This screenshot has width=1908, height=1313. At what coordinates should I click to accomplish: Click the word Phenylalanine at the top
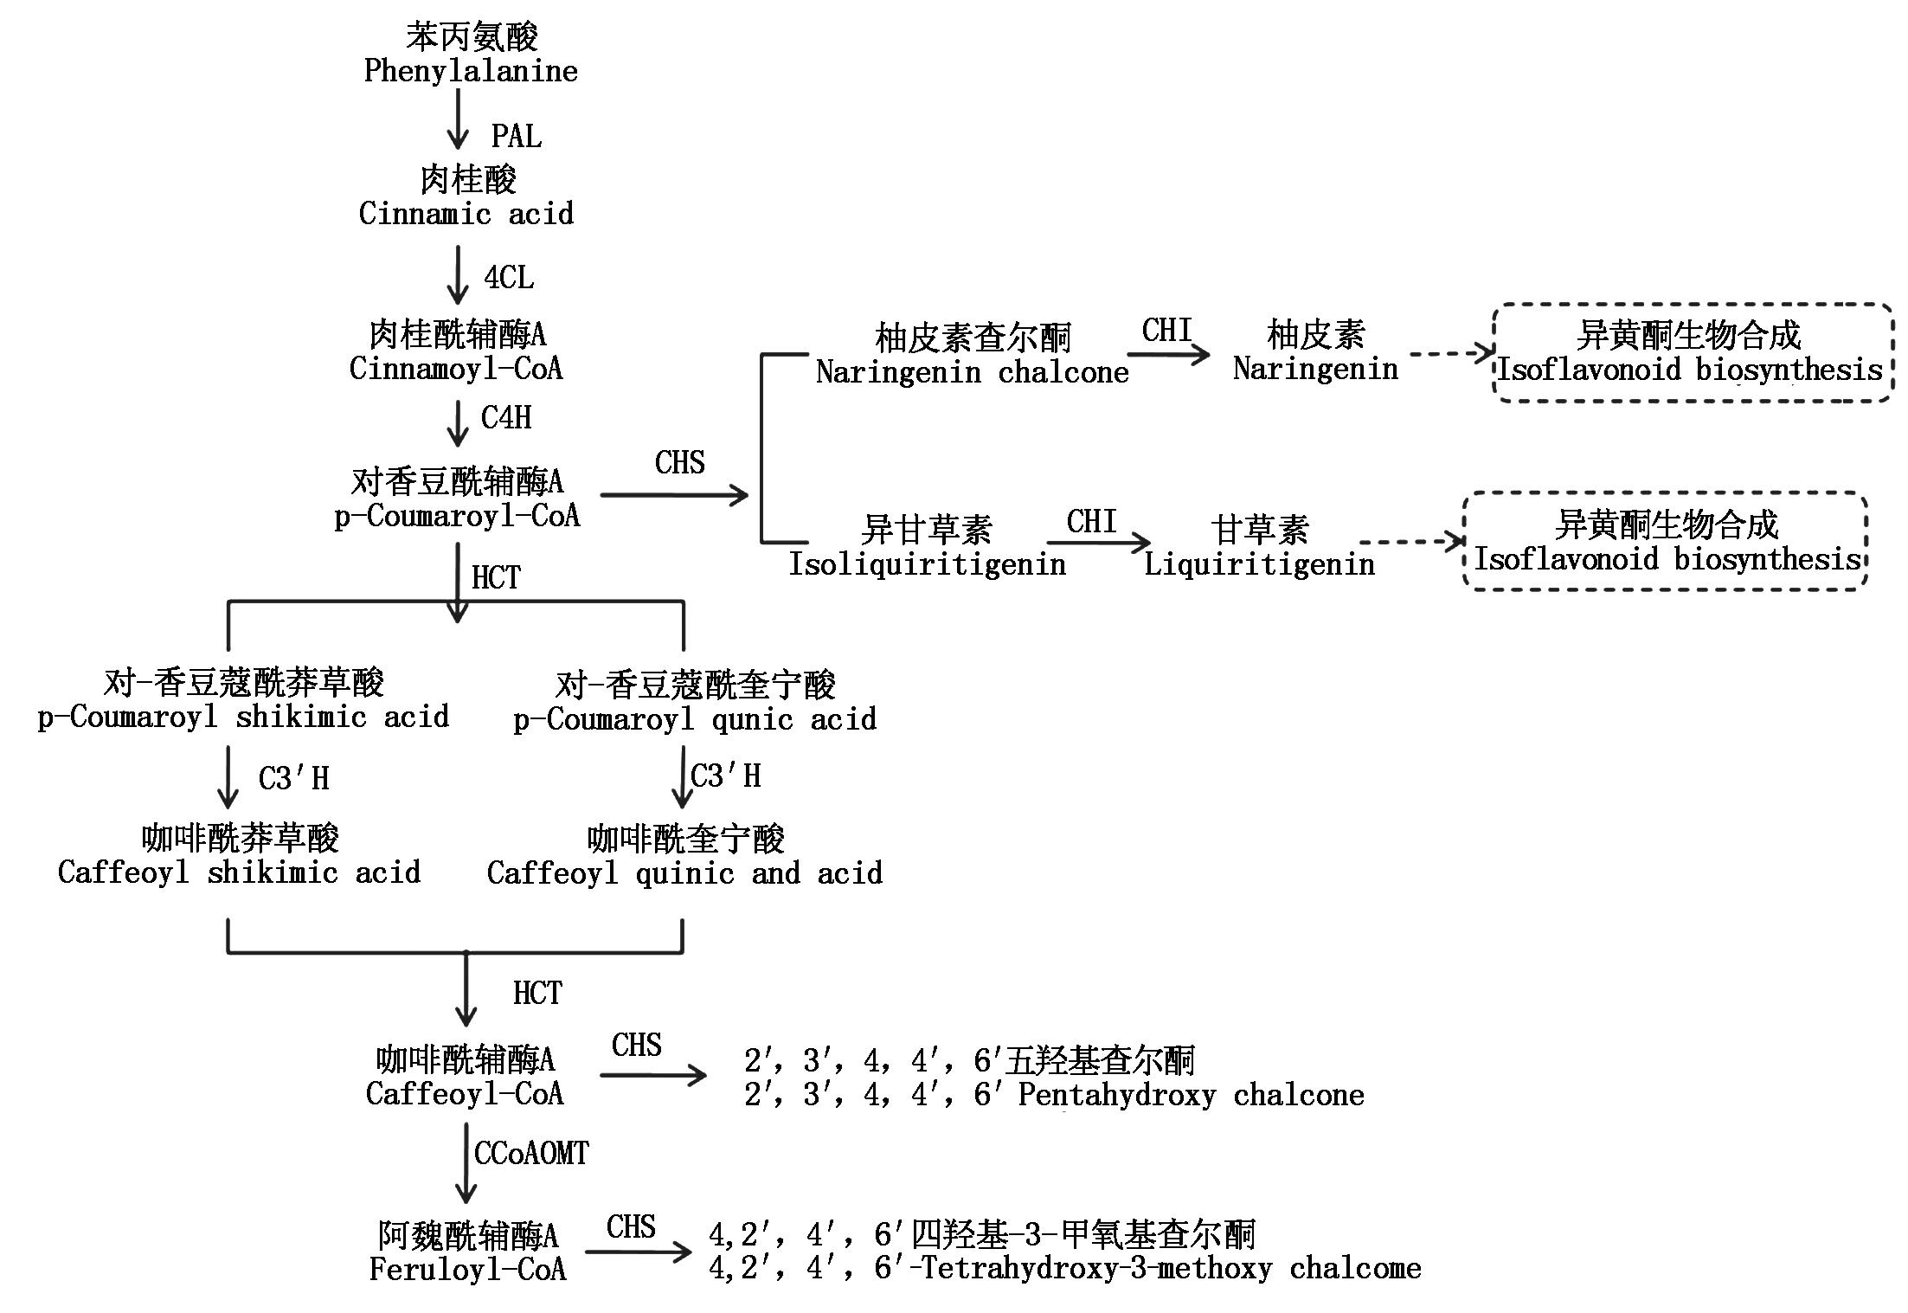pyautogui.click(x=471, y=71)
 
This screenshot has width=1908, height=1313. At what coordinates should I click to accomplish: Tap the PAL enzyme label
pyautogui.click(x=517, y=137)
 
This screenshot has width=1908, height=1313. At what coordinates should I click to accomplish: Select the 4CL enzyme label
pyautogui.click(x=509, y=278)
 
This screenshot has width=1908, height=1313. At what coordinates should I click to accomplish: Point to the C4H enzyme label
pyautogui.click(x=506, y=418)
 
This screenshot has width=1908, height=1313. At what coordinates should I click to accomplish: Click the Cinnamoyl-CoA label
pyautogui.click(x=456, y=369)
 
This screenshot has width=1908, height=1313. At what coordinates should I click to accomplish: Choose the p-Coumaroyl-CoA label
pyautogui.click(x=457, y=516)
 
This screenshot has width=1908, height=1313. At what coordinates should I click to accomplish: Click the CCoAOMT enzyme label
pyautogui.click(x=531, y=1154)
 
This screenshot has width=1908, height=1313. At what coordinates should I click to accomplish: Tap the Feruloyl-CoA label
pyautogui.click(x=467, y=1270)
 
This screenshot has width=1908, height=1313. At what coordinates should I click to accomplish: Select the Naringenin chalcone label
pyautogui.click(x=972, y=373)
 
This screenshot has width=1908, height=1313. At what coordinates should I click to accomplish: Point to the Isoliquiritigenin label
pyautogui.click(x=927, y=564)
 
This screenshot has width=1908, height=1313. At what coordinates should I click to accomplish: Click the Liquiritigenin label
pyautogui.click(x=1259, y=564)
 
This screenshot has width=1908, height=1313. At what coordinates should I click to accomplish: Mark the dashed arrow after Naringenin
pyautogui.click(x=1450, y=353)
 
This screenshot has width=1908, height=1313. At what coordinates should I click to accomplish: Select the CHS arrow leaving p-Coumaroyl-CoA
pyautogui.click(x=673, y=495)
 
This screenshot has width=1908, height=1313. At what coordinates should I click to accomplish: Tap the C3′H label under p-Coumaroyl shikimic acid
pyautogui.click(x=294, y=779)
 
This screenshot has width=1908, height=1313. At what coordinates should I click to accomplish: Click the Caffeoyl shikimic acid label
pyautogui.click(x=239, y=872)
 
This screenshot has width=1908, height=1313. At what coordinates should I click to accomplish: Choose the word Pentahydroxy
pyautogui.click(x=1116, y=1096)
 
